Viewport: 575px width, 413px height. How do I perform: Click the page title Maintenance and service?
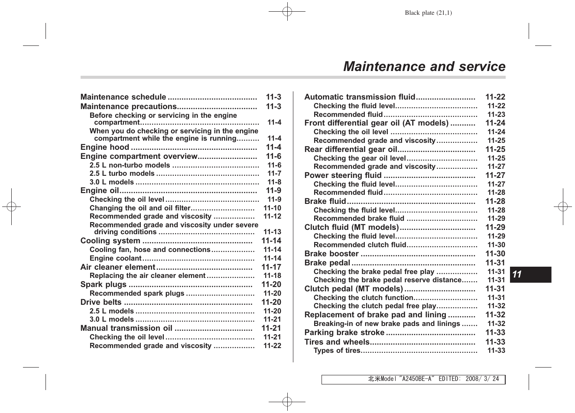coord(424,67)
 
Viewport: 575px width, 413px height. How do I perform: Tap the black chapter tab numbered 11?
coord(530,274)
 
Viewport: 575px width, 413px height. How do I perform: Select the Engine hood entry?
coord(104,147)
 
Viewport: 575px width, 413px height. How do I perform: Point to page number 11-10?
coord(272,208)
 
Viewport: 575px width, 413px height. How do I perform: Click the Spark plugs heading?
coord(103,284)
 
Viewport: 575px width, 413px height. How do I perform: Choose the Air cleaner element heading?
coord(117,267)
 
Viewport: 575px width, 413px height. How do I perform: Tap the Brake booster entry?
coord(331,254)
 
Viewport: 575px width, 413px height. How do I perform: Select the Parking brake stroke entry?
coord(344,332)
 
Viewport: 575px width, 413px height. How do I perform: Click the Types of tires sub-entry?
coord(337,351)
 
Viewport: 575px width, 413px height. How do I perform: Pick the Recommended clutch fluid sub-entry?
coord(360,245)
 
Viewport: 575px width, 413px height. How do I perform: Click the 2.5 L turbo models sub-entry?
coord(122,174)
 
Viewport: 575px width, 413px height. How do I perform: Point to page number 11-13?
coord(272,232)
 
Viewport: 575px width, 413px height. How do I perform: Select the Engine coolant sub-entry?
coord(115,258)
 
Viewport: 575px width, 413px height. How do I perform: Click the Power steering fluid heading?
coord(343,175)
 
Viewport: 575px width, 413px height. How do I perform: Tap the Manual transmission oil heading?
coord(126,328)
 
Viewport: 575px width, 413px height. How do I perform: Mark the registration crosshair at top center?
coord(287,12)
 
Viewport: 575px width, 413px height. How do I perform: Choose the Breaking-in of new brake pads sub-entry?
coord(387,324)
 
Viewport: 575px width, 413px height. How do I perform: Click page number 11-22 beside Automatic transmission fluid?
coord(495,97)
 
